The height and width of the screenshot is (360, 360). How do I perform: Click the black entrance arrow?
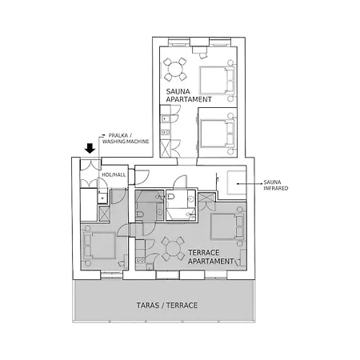(90, 148)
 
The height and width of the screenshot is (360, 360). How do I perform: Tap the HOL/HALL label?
(114, 174)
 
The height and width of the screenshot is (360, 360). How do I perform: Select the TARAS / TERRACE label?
(167, 306)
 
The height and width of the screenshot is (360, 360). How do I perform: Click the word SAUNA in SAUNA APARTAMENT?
(178, 91)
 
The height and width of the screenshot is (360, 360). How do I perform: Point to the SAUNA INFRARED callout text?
(276, 186)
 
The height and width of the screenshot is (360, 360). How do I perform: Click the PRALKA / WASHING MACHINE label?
(126, 138)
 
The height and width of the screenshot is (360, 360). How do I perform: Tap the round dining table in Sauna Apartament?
(174, 70)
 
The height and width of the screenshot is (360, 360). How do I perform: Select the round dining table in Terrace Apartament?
(173, 249)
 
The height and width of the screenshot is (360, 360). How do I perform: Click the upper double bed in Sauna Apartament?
(217, 80)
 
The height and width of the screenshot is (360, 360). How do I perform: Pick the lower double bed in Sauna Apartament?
(217, 134)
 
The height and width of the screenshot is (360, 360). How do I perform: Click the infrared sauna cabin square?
(236, 182)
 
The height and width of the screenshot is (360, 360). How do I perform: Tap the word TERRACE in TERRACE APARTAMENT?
(204, 253)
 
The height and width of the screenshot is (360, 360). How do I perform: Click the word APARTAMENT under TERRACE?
(210, 261)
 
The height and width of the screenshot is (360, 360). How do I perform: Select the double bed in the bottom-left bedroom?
(99, 246)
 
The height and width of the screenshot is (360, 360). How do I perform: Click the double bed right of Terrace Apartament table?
(227, 226)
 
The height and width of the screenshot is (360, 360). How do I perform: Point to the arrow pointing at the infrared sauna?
(250, 184)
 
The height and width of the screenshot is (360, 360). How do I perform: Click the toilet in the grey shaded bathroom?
(139, 214)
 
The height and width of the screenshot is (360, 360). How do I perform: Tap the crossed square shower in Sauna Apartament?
(166, 149)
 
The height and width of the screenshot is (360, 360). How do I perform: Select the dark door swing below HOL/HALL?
(118, 196)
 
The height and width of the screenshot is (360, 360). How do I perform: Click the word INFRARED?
(276, 188)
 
